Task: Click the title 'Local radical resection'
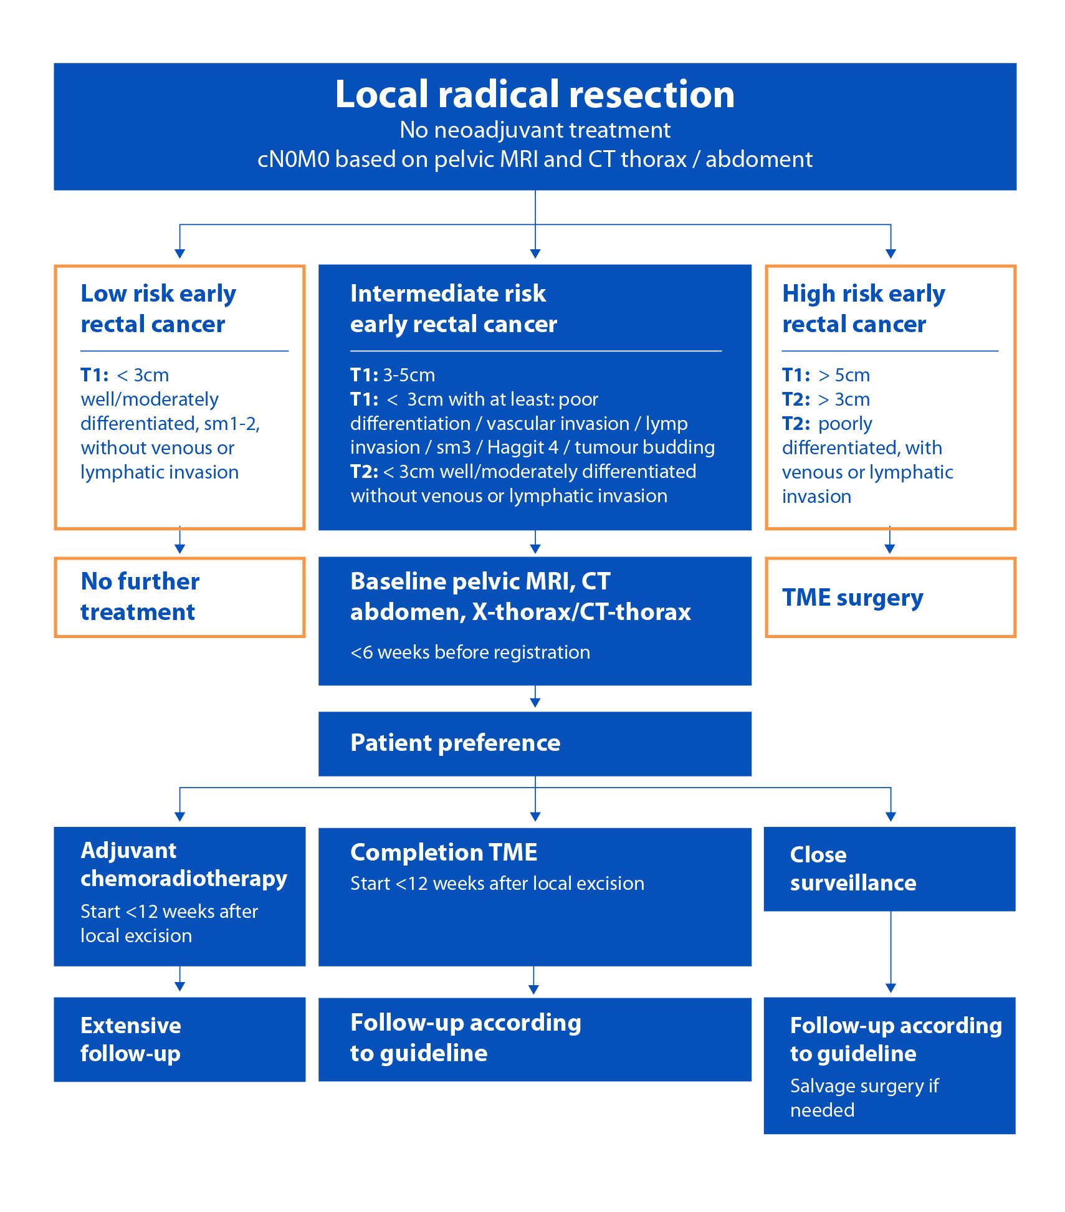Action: tap(535, 95)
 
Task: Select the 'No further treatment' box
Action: tap(179, 597)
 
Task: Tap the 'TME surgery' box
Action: tap(890, 597)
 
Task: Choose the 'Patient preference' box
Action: tap(535, 743)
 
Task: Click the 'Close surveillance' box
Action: tap(889, 869)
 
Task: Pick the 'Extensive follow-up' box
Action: tap(179, 1039)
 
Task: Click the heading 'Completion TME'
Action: tap(444, 852)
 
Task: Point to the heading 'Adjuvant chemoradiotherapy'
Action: tap(184, 864)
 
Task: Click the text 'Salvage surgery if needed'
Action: tap(864, 1098)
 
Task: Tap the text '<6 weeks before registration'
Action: tap(470, 652)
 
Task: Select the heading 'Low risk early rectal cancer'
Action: tap(158, 308)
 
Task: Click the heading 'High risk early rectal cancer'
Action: tap(863, 308)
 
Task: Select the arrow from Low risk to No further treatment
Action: tap(179, 541)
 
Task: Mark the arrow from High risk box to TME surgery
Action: tap(890, 541)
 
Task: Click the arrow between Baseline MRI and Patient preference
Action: tap(535, 697)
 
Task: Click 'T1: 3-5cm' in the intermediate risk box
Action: tap(393, 375)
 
